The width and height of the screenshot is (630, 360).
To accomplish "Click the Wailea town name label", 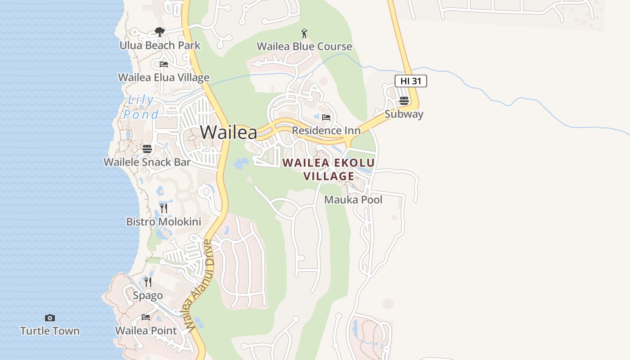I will tap(229, 132).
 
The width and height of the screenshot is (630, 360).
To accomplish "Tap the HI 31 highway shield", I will tap(410, 81).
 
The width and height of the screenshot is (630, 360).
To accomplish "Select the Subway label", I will tap(404, 114).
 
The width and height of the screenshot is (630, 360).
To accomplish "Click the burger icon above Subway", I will tap(404, 100).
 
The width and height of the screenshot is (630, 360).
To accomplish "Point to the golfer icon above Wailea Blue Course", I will tap(304, 33).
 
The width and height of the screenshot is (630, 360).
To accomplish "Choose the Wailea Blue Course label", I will tap(304, 46).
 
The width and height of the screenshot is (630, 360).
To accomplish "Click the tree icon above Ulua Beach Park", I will tap(159, 31).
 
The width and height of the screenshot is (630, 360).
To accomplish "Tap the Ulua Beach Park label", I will tap(160, 45).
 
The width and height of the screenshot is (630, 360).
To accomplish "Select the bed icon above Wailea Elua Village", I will tap(164, 64).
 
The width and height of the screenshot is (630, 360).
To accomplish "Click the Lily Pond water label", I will tap(141, 107).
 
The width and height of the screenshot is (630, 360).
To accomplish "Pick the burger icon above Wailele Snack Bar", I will tap(147, 148).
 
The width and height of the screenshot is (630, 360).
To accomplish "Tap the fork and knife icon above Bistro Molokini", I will tap(164, 208).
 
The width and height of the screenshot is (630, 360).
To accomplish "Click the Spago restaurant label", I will tap(148, 296).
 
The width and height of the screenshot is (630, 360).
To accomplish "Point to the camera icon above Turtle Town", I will tap(50, 318).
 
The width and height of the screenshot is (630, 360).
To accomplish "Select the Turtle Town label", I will tap(50, 331).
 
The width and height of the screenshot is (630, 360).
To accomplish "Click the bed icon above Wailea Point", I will tap(146, 317).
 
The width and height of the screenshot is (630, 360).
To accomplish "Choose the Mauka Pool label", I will tap(353, 200).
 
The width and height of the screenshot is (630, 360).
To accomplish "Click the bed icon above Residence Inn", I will tap(326, 117).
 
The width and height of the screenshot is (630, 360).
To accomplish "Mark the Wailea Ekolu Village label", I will tap(328, 169).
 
